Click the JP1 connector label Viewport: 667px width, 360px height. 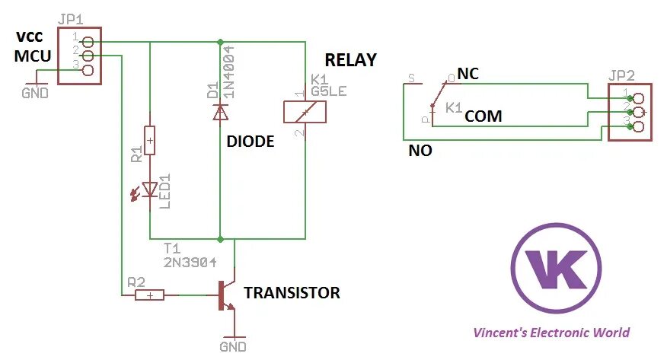click(x=71, y=18)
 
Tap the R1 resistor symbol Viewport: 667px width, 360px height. click(x=150, y=140)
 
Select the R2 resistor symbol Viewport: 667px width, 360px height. click(x=149, y=295)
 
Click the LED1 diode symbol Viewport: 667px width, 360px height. click(x=149, y=189)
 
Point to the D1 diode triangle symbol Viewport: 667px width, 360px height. click(x=220, y=112)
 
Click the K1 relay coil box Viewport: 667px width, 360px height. click(x=305, y=112)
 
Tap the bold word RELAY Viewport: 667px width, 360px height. click(x=350, y=60)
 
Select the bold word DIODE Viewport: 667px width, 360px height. click(x=251, y=142)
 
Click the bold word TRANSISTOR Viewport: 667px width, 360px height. click(x=292, y=293)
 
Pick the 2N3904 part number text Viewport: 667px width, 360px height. click(x=190, y=262)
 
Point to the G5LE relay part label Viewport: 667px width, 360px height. click(x=329, y=91)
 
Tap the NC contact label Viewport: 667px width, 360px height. click(x=468, y=74)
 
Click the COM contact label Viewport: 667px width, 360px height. click(x=483, y=116)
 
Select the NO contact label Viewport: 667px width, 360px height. click(x=420, y=151)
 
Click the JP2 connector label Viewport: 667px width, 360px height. click(x=622, y=76)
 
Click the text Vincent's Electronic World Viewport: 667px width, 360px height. click(x=551, y=333)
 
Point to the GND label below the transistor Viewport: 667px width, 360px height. click(x=233, y=347)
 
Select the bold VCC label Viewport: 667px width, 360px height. click(x=31, y=37)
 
